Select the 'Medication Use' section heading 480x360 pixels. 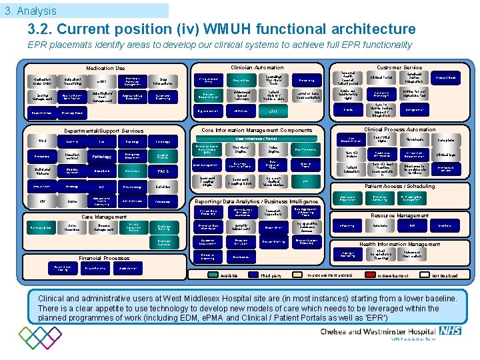click(105, 68)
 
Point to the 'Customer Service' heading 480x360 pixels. click(399, 67)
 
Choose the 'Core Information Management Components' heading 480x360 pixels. click(257, 130)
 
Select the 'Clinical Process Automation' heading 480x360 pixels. click(399, 129)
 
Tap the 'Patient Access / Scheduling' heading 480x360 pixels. click(400, 187)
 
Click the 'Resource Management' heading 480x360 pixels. click(399, 215)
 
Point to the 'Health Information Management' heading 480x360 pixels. click(399, 244)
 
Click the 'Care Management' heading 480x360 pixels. click(103, 217)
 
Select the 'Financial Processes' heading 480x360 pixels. click(103, 257)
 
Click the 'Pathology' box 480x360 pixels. click(102, 157)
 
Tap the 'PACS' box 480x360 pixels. click(163, 171)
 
